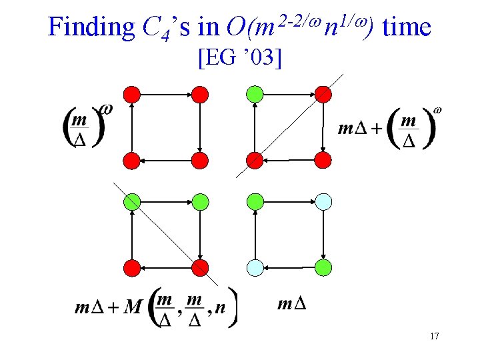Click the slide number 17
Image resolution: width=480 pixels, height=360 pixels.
[434, 337]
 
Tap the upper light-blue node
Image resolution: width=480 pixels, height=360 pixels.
[323, 201]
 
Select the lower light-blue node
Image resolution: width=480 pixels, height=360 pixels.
[254, 268]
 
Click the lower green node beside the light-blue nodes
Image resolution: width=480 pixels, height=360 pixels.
[323, 268]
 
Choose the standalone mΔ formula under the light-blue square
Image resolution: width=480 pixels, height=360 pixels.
[291, 305]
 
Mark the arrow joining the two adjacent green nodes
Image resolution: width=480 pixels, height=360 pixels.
[166, 201]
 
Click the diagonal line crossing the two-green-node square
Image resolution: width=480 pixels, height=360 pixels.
[167, 233]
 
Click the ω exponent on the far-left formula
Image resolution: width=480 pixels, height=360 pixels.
[105, 108]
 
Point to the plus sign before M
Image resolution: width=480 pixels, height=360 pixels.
[113, 308]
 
